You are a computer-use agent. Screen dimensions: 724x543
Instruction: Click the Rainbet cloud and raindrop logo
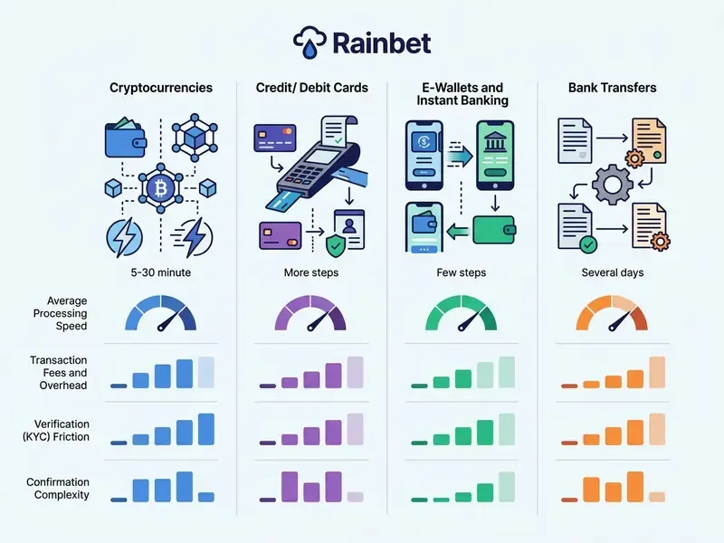[310, 43]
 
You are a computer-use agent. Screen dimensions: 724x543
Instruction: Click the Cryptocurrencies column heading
[161, 88]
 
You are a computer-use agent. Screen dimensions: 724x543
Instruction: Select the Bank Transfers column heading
[613, 88]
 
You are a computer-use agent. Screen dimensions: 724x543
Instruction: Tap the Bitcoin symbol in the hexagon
[161, 188]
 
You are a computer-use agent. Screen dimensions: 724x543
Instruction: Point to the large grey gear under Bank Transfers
[613, 185]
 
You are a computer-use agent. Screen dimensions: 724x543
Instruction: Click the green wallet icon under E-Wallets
[494, 230]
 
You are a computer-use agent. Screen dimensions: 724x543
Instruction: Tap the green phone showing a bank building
[495, 155]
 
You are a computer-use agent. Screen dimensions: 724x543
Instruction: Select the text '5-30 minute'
[161, 272]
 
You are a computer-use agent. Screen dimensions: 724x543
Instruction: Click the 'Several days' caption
[613, 272]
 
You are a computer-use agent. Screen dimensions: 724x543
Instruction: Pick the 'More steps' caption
[311, 272]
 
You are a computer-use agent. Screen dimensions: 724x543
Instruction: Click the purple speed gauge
[310, 313]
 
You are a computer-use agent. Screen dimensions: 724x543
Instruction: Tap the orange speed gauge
[612, 313]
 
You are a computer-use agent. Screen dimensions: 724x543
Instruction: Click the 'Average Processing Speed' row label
[60, 313]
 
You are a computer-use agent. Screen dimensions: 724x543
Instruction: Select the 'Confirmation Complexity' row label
[58, 488]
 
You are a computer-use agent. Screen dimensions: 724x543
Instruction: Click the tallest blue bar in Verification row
[206, 429]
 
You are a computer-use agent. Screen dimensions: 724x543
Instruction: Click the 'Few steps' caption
[462, 272]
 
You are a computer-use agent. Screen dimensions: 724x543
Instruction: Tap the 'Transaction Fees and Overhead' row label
[59, 373]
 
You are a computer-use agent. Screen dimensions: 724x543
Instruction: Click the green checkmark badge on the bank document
[588, 244]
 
